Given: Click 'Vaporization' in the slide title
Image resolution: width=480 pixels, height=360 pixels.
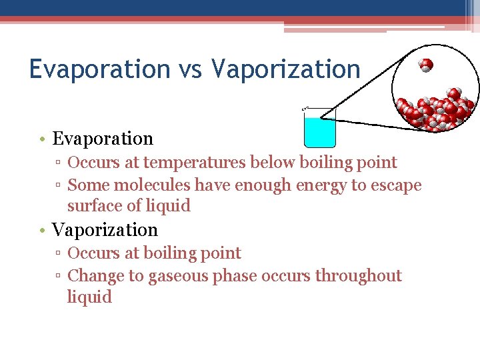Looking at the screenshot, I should click(285, 69).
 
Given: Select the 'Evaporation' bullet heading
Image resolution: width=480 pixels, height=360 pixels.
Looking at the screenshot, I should click(103, 139).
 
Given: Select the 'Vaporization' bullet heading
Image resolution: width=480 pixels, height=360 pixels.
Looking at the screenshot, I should click(105, 230).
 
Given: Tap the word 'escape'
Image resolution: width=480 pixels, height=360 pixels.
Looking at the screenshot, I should click(396, 185).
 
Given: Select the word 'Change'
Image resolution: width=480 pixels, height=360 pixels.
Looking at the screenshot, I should click(93, 276).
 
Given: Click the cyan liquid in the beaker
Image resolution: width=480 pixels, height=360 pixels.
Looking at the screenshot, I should click(319, 133).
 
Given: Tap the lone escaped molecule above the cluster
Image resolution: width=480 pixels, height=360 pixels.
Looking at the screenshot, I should click(426, 65).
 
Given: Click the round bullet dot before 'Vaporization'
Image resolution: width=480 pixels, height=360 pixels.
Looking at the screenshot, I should click(42, 231).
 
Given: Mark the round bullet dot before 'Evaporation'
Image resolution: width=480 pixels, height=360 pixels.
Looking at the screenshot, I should click(42, 139).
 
